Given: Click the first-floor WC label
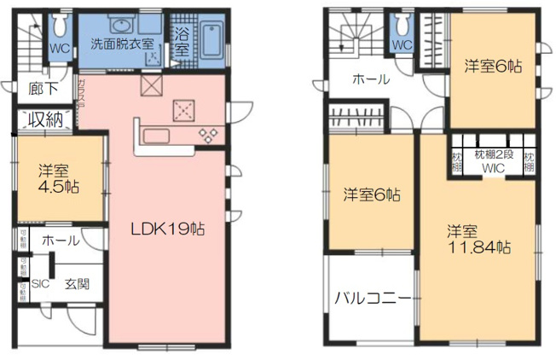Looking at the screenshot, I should coord(59,49).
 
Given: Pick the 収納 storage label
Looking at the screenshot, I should coord(46,119).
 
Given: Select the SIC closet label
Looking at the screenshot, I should coord(39,285).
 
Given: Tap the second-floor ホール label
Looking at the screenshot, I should coord(371,79).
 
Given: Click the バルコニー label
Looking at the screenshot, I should coord(374,299).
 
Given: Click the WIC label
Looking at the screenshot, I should coord(494,168).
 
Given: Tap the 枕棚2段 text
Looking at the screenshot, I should coord(494,154).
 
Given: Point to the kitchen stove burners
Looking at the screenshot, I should coord(207,134).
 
